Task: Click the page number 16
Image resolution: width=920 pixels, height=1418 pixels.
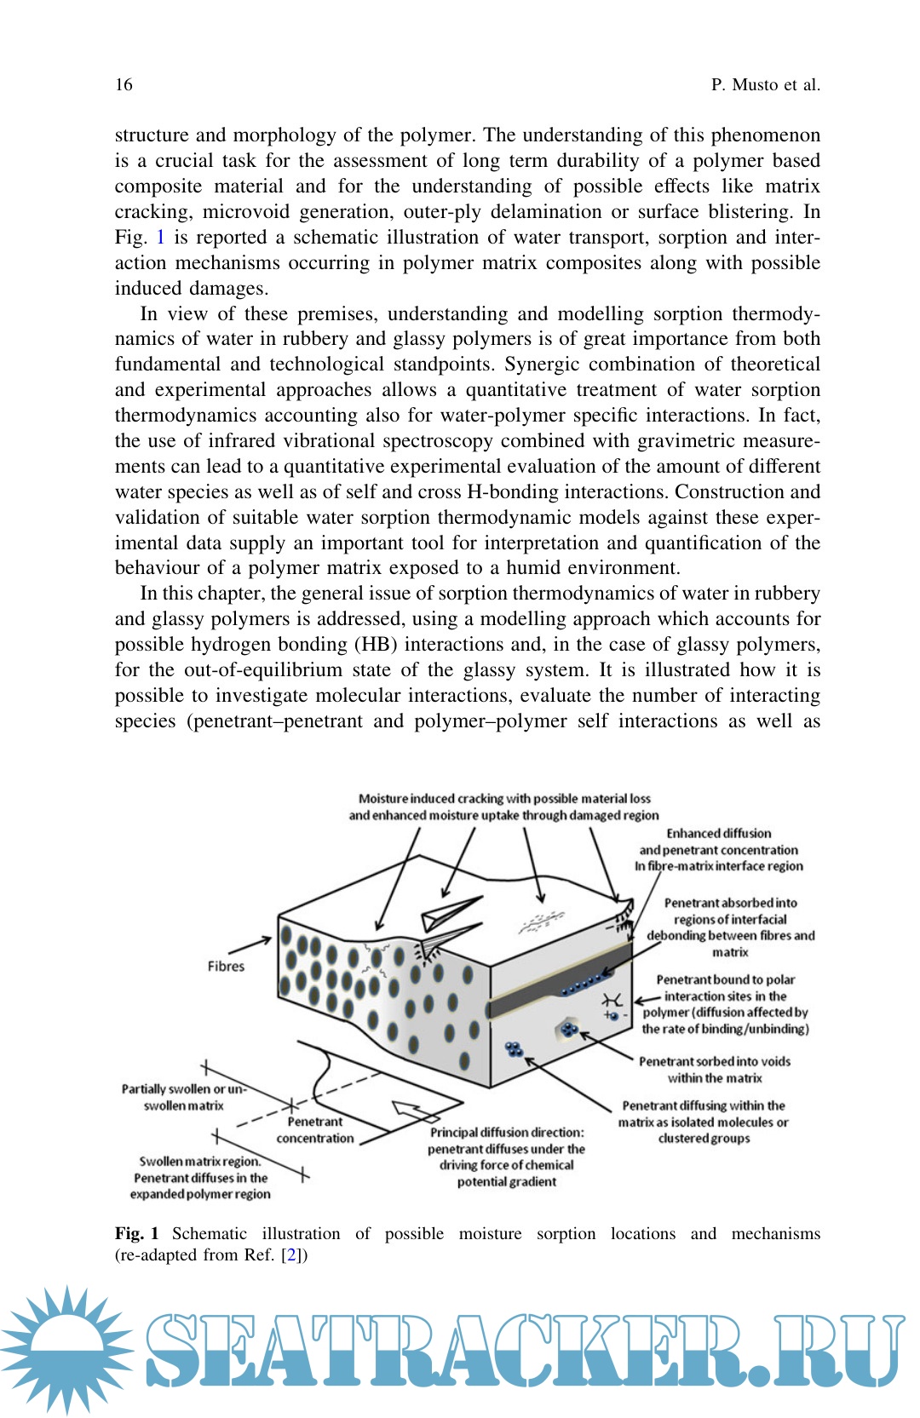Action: [x=124, y=84]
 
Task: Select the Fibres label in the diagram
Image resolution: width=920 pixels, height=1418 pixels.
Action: [x=226, y=966]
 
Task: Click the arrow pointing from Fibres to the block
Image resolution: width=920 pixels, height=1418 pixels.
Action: [x=250, y=945]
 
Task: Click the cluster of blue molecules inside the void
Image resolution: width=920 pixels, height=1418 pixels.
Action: [x=569, y=1031]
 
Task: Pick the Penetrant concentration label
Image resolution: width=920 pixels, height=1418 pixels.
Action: [x=314, y=1130]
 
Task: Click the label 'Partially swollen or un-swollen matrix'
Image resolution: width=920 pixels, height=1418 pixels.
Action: [x=183, y=1097]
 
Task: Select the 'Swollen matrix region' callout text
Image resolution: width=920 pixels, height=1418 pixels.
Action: [x=200, y=1177]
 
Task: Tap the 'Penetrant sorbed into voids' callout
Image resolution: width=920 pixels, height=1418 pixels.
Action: [x=715, y=1070]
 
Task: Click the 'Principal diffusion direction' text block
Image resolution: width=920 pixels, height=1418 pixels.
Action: [x=507, y=1157]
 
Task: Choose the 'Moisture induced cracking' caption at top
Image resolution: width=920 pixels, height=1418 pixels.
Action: [x=503, y=807]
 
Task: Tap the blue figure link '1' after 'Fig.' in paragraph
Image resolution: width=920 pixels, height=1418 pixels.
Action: [x=160, y=237]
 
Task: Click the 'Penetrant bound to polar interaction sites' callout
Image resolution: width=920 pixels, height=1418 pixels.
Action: [x=725, y=1004]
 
